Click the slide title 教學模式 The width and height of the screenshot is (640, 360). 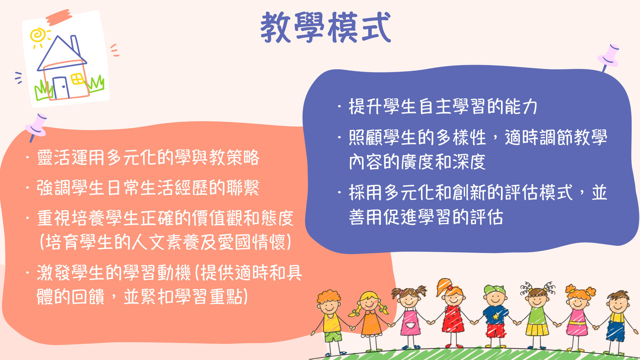tap(325, 27)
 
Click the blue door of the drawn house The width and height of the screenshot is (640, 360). tap(61, 88)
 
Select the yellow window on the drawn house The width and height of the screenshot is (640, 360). tap(78, 79)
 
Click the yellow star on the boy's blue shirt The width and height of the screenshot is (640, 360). tap(496, 316)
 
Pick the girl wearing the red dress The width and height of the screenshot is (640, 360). tap(452, 313)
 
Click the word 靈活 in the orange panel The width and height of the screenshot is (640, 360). tap(54, 158)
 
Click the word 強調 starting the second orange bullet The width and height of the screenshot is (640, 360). tap(54, 188)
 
